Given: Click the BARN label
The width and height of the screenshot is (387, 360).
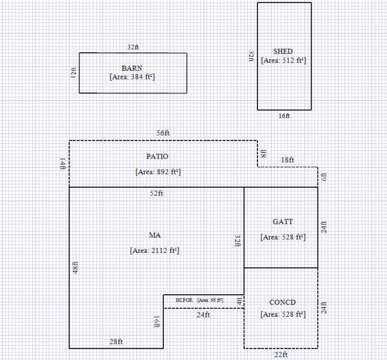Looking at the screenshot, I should [x=132, y=68].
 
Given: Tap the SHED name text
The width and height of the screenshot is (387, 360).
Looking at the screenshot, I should [x=283, y=51].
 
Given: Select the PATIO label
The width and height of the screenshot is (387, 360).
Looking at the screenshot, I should [x=157, y=157].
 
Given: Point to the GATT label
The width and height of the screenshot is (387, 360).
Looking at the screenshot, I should [x=283, y=222].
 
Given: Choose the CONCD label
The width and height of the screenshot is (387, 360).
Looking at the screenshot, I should [x=283, y=303].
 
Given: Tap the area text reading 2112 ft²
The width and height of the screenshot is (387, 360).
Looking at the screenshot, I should [x=154, y=250].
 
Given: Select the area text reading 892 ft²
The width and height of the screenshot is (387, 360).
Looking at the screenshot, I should [x=157, y=172].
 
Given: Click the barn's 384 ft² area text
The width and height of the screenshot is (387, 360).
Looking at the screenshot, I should [x=132, y=77].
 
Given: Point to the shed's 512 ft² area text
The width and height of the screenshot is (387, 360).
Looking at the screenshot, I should [x=283, y=60].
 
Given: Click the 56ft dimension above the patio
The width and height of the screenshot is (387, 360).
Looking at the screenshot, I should [x=163, y=133].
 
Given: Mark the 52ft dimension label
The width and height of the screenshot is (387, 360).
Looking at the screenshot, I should [x=157, y=194].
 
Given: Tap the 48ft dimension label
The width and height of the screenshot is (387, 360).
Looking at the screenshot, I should [x=75, y=267].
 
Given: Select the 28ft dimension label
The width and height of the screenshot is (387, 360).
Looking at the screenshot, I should [x=116, y=342].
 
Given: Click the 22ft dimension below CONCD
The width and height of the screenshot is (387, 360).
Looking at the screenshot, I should [x=281, y=355].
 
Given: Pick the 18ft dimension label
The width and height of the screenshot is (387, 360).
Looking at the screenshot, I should [x=288, y=160].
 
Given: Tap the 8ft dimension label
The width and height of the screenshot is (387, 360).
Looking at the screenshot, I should [x=263, y=154].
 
